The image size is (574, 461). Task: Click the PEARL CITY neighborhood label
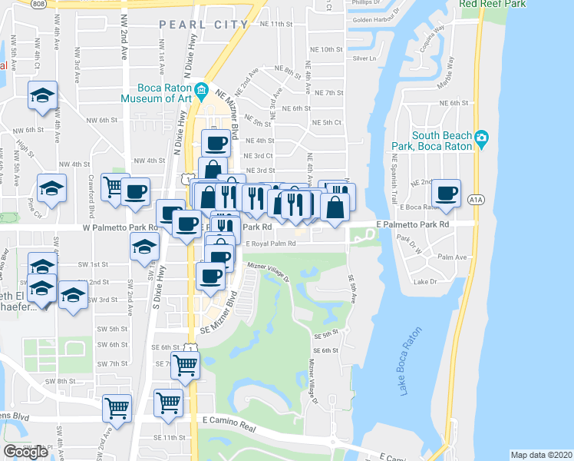pyautogui.click(x=204, y=25)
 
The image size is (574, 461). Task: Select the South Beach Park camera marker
pyautogui.click(x=481, y=138)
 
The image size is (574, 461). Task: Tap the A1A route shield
pyautogui.click(x=476, y=201)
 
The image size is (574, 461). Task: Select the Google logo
pyautogui.click(x=26, y=452)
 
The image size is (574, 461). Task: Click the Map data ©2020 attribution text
pyautogui.click(x=541, y=455)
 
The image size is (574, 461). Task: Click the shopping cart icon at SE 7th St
pyautogui.click(x=185, y=366)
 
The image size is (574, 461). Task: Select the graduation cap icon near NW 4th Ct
pyautogui.click(x=42, y=95)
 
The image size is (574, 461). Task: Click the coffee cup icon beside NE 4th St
pyautogui.click(x=216, y=142)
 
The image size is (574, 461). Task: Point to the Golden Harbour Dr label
pyautogui.click(x=376, y=20)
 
